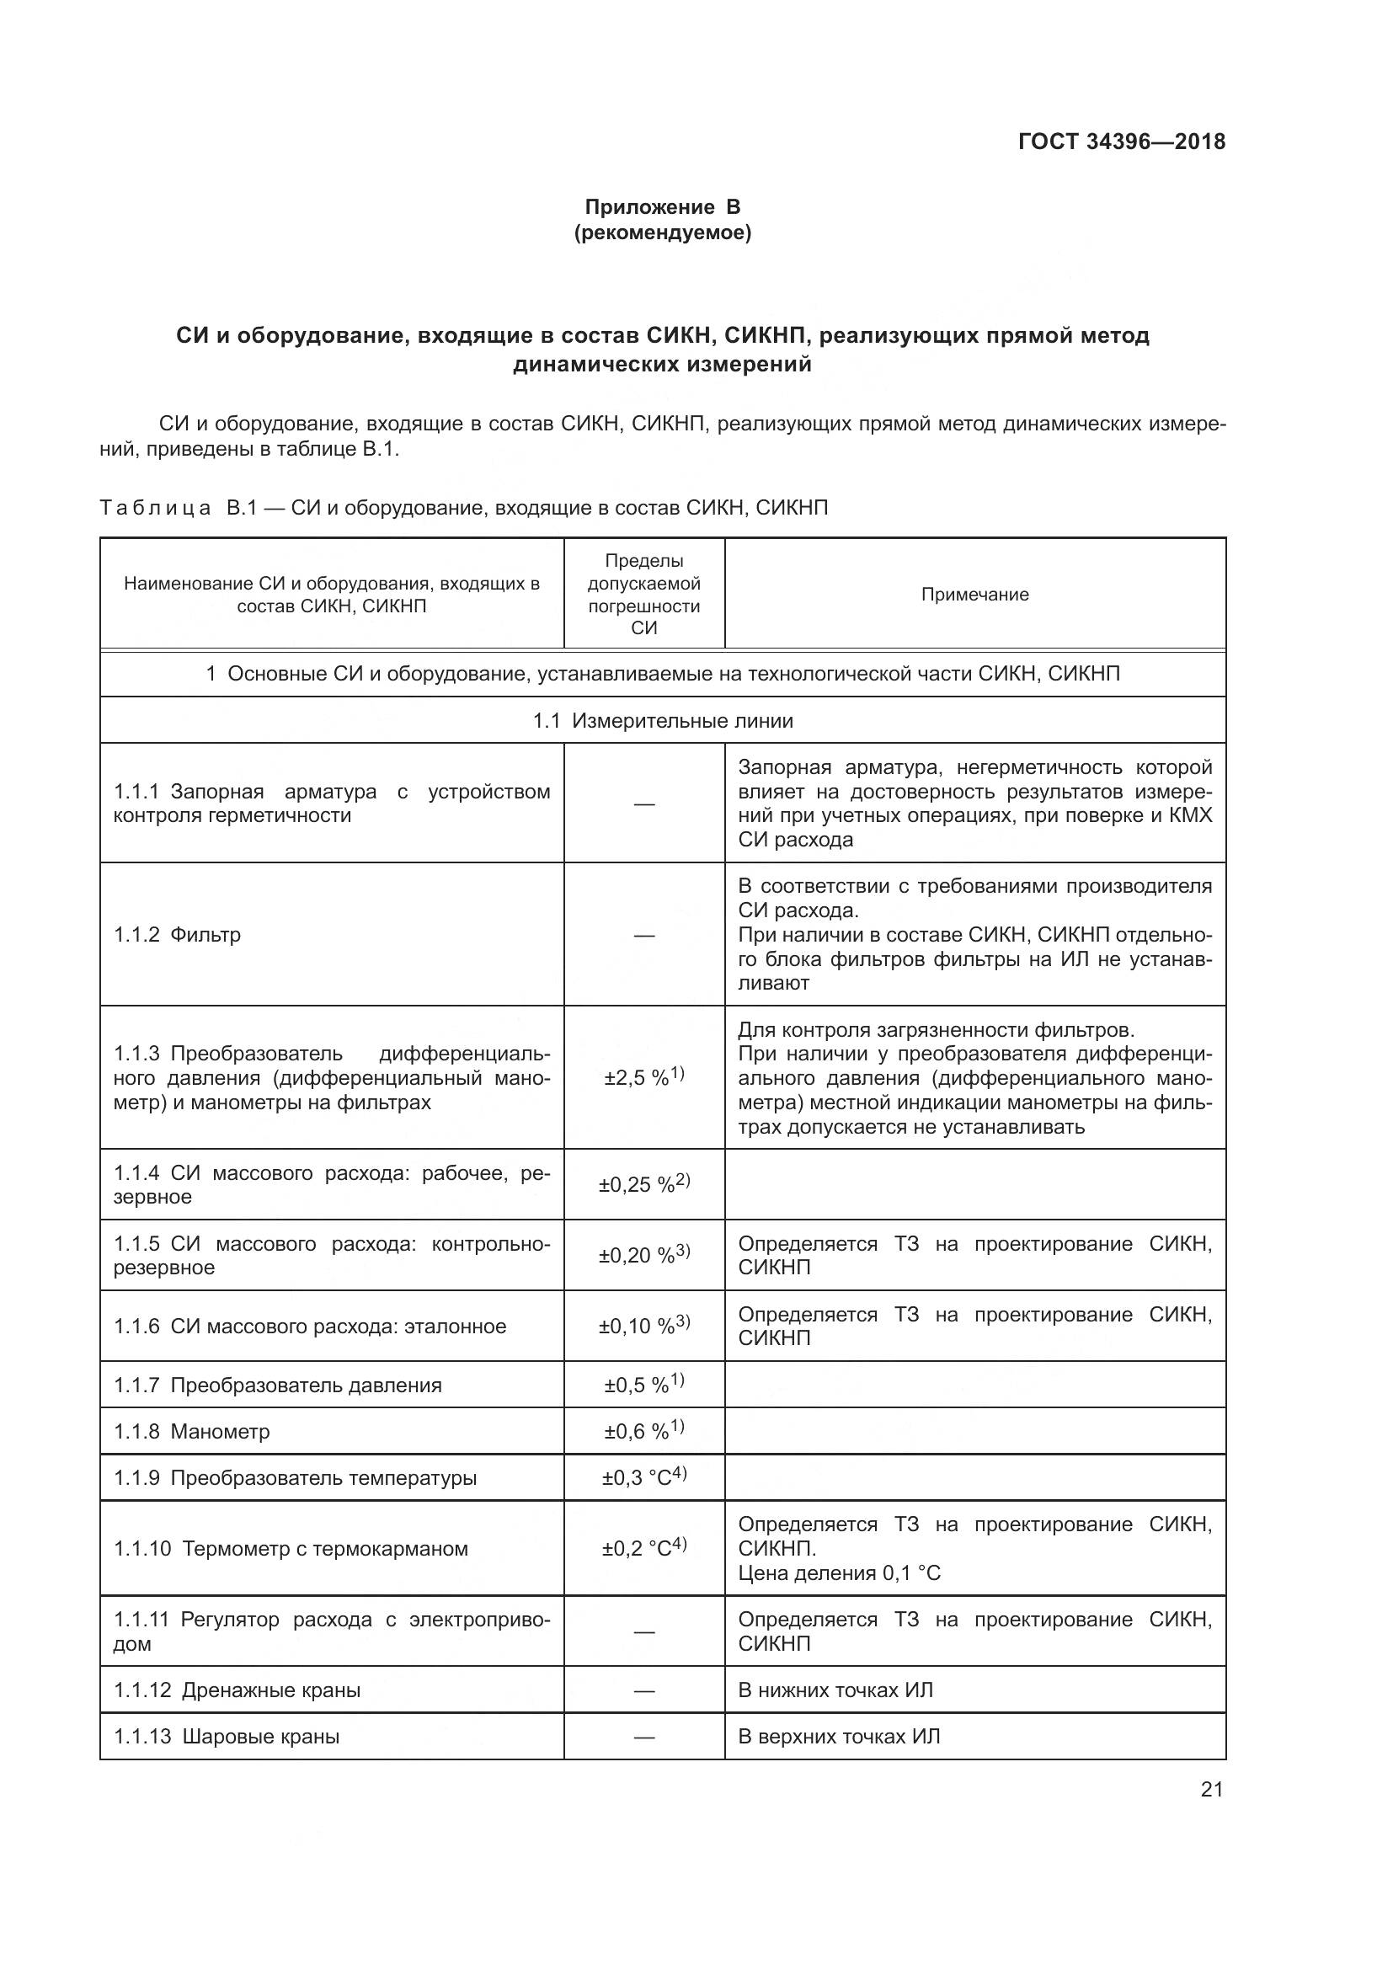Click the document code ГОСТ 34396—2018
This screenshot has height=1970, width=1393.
1121,142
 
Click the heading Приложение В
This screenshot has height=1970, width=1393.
662,207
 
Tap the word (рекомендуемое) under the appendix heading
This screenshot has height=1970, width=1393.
662,233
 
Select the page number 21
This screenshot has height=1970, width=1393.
1211,1789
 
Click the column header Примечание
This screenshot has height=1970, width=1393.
974,595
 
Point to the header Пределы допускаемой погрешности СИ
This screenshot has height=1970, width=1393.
643,594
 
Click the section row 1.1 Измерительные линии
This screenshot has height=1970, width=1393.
662,721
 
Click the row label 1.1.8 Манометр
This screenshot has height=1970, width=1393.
192,1431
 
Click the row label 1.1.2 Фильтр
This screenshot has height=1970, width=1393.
178,934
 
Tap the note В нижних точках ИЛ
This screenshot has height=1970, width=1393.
835,1690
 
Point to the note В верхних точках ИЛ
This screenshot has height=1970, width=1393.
838,1737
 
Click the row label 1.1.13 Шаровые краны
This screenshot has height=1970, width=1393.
227,1737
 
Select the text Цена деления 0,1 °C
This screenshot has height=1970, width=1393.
838,1573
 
